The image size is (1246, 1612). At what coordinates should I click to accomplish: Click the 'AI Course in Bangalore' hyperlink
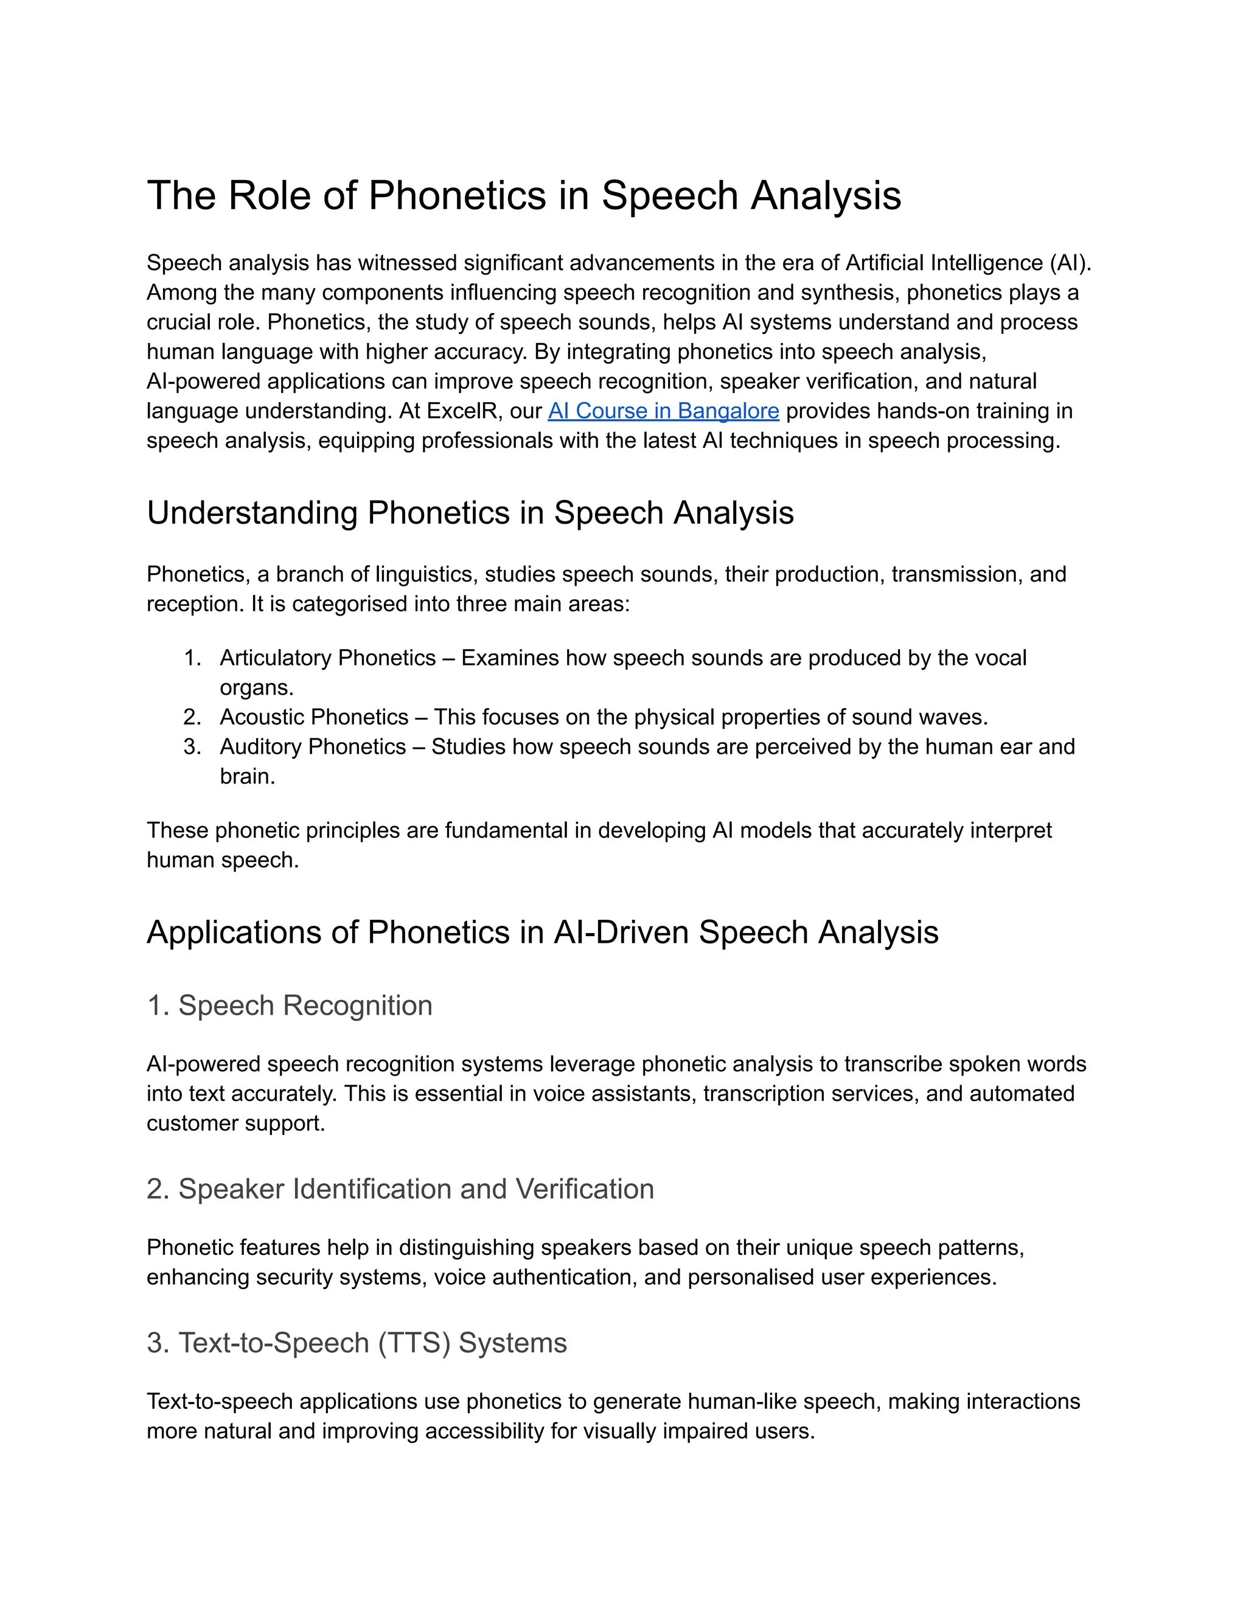[663, 411]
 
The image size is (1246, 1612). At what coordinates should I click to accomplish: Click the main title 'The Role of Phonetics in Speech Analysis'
[523, 196]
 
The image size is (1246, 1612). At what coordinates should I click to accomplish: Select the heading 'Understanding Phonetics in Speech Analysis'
[470, 513]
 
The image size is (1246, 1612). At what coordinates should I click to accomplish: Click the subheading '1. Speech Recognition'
[290, 1006]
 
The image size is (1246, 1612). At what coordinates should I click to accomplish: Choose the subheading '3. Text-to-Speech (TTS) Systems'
[357, 1343]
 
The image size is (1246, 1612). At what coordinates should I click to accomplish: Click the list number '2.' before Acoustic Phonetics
[192, 717]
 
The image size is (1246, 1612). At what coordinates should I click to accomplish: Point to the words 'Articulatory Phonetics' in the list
[328, 658]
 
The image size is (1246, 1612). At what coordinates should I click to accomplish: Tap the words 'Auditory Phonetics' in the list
[313, 747]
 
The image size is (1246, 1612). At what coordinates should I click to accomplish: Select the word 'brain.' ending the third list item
[247, 776]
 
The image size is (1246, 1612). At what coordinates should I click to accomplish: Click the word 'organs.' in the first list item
[257, 688]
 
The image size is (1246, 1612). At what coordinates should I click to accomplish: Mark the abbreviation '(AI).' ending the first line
[1069, 263]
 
